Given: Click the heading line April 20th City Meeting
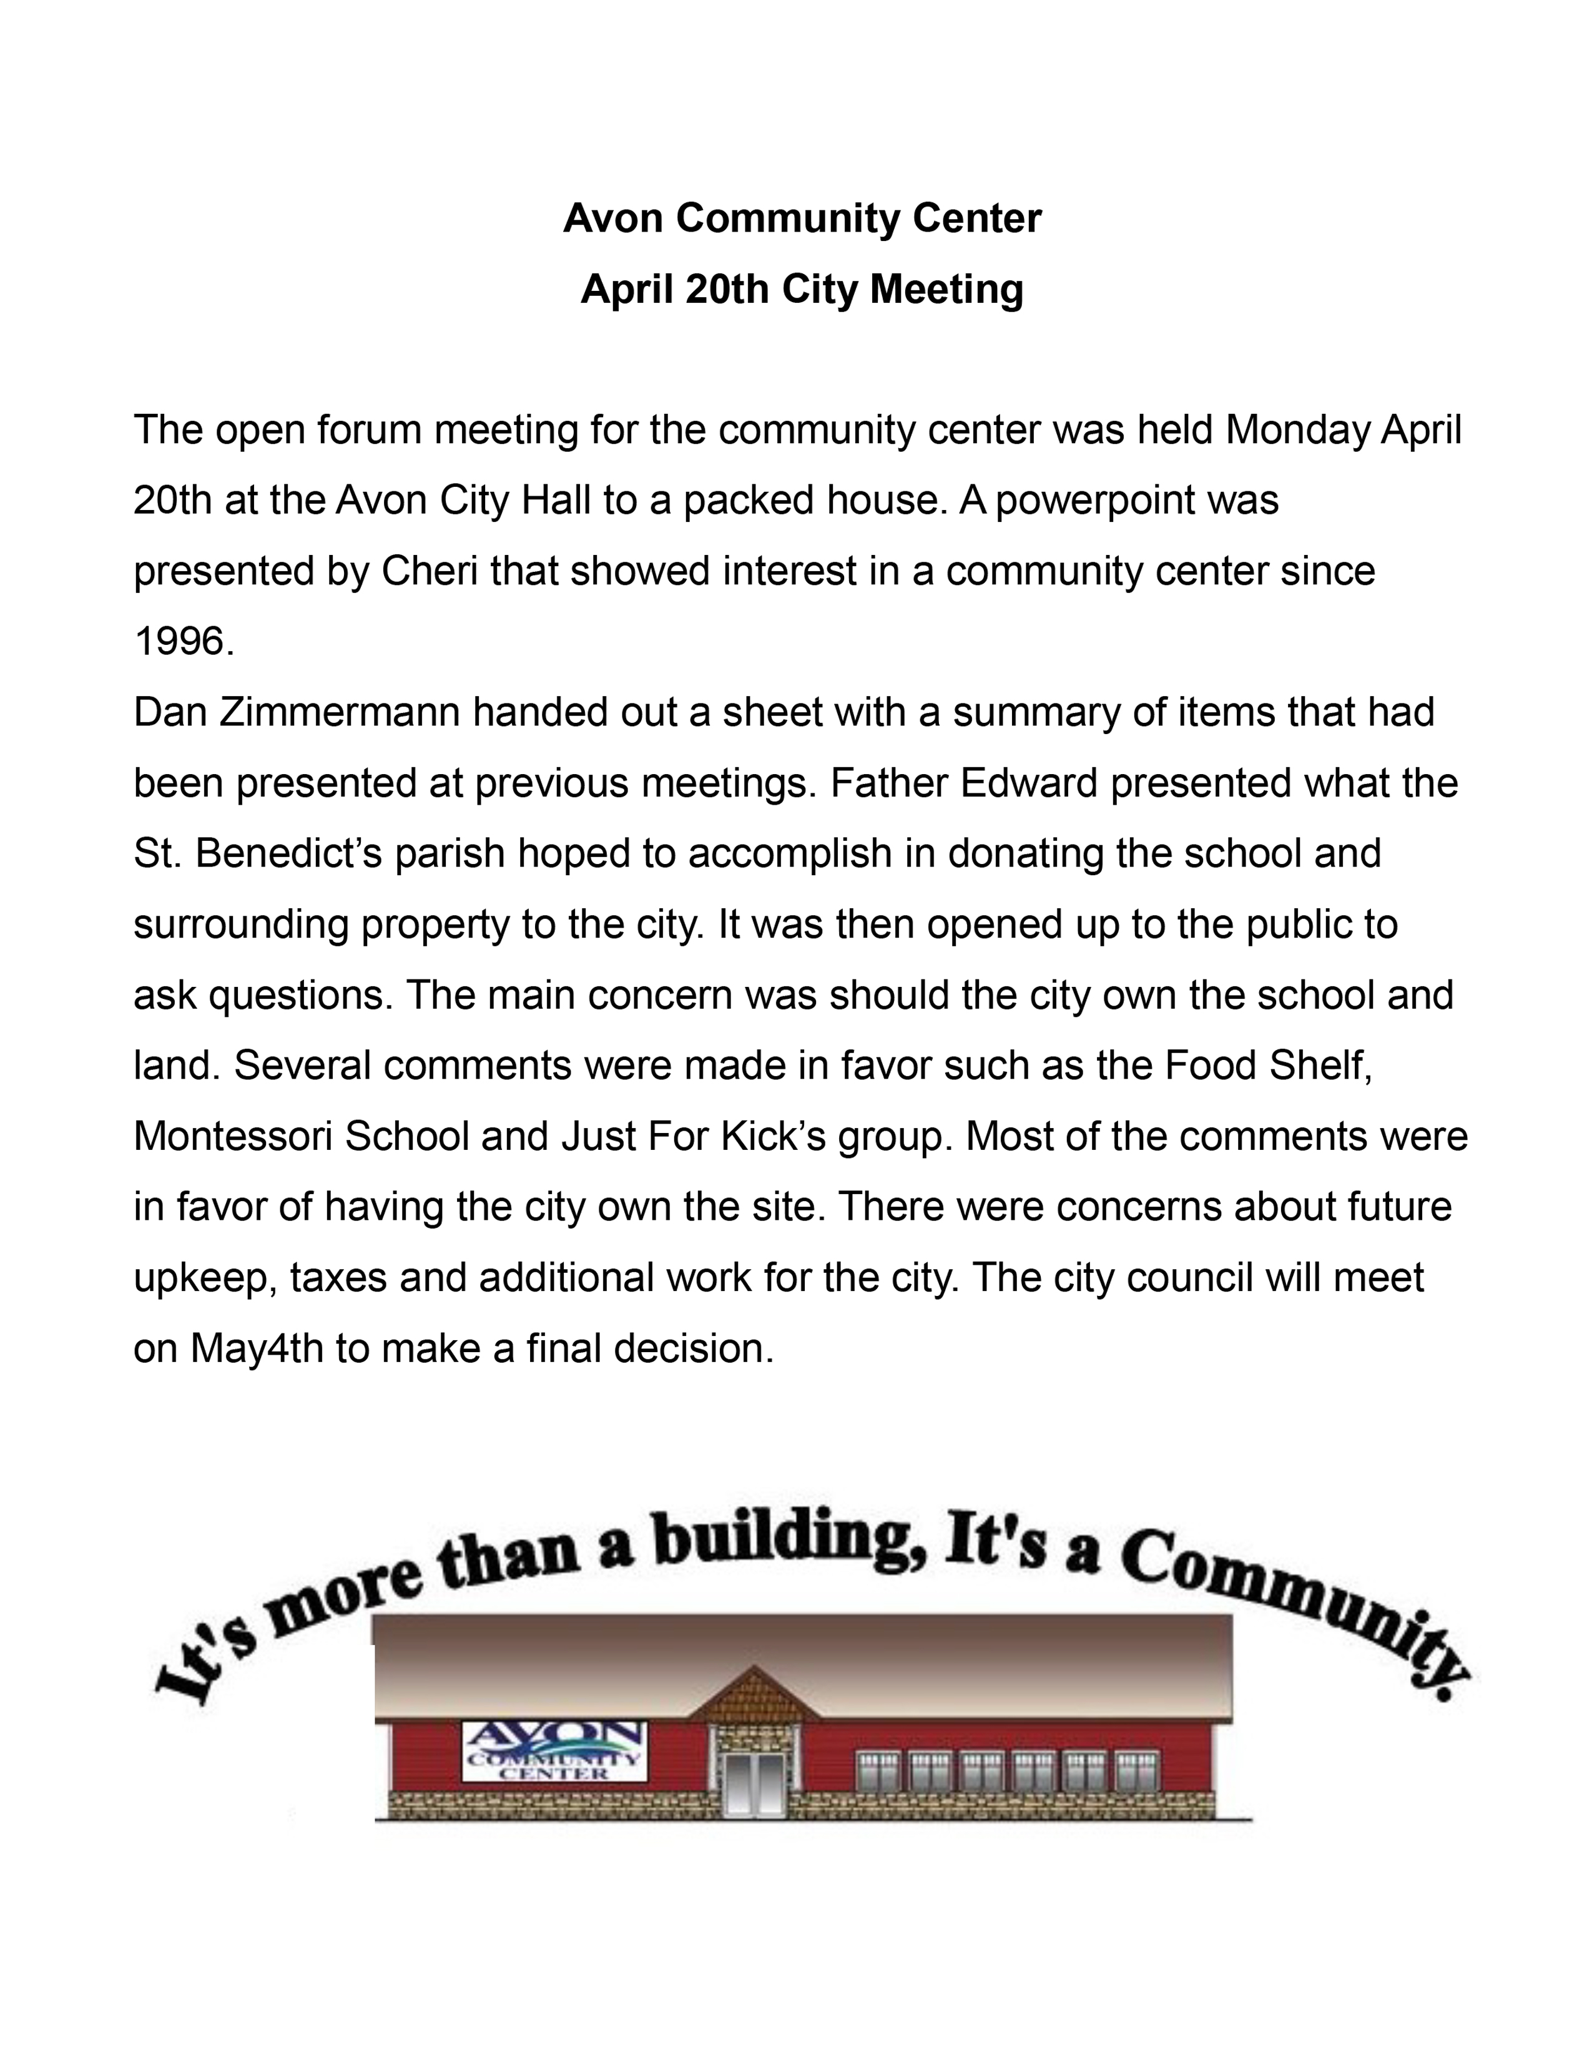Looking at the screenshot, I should (802, 288).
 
